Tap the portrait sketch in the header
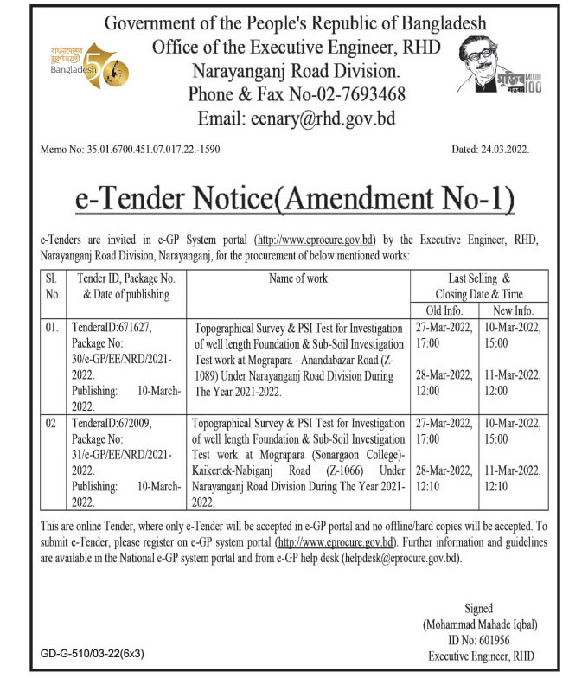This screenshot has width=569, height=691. [492, 74]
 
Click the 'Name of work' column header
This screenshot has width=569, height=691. [298, 278]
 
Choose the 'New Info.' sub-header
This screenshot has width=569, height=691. [513, 310]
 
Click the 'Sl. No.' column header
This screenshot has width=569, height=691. [53, 286]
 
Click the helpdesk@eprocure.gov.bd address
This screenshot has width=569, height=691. [406, 558]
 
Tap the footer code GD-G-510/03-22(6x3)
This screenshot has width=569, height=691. [93, 654]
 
